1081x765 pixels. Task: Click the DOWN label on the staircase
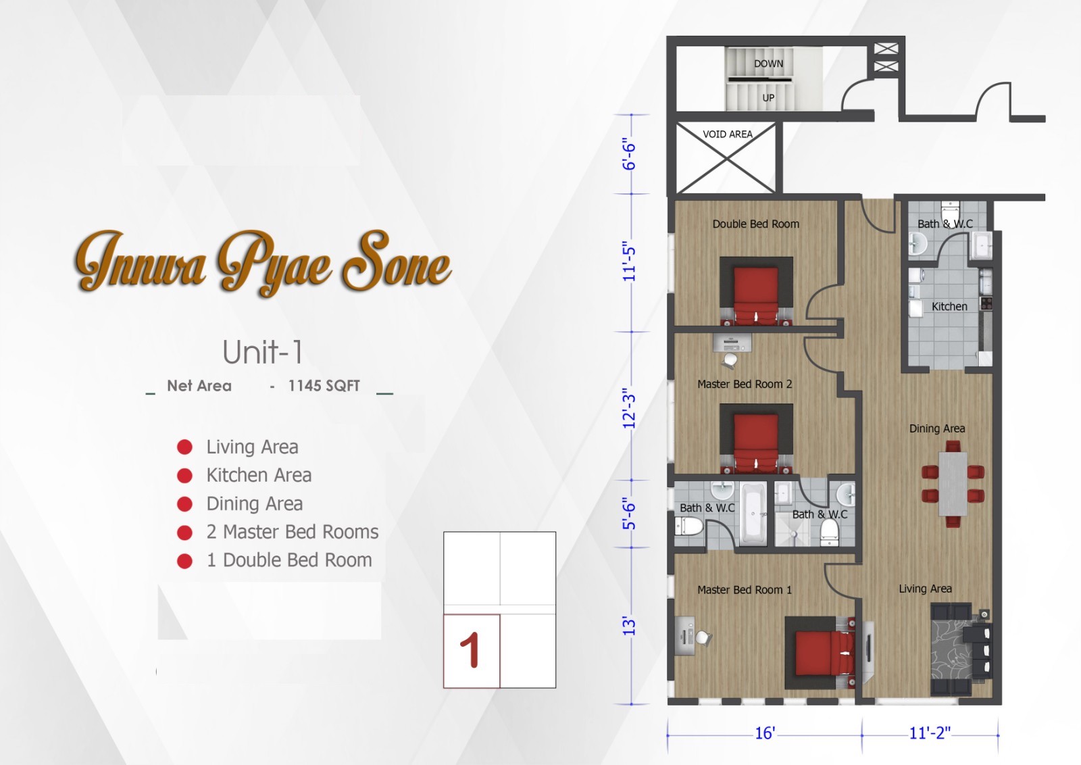(768, 64)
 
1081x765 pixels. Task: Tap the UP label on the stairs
(768, 97)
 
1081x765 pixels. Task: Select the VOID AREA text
(727, 134)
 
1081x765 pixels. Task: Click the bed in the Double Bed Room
(756, 294)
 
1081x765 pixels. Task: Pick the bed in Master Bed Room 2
(756, 439)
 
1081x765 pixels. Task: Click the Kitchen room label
(949, 306)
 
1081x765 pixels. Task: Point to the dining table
(953, 484)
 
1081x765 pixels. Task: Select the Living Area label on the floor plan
(925, 589)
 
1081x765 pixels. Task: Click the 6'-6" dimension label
(629, 155)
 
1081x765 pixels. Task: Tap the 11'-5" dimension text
(629, 262)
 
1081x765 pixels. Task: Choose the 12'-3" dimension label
(629, 408)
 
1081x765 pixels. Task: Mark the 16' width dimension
(765, 733)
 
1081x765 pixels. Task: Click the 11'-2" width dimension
(930, 733)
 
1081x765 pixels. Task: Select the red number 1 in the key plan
(470, 651)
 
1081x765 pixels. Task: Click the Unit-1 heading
(262, 352)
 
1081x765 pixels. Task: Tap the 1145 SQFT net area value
(324, 386)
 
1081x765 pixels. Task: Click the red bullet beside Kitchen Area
(184, 476)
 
